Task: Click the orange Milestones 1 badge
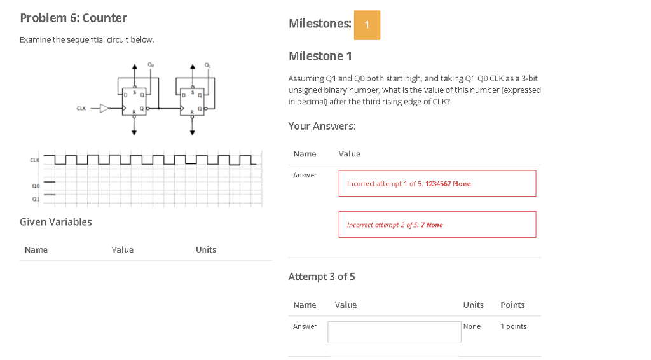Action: [x=367, y=25]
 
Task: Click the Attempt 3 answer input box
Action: [x=394, y=332]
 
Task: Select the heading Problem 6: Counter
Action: [x=73, y=18]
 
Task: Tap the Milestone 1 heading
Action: [x=320, y=56]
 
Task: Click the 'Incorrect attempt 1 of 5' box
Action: [x=437, y=183]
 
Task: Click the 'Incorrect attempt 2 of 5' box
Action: [x=437, y=225]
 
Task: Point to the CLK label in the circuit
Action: [x=81, y=108]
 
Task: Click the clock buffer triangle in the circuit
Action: [x=106, y=108]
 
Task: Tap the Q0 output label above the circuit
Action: [x=150, y=64]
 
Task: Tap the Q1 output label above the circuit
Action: [x=207, y=64]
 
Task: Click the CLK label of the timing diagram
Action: [x=34, y=159]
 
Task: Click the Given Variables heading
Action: [x=56, y=222]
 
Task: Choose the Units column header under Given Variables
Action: [x=206, y=250]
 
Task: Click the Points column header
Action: [x=512, y=305]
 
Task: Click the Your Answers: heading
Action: [x=322, y=126]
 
